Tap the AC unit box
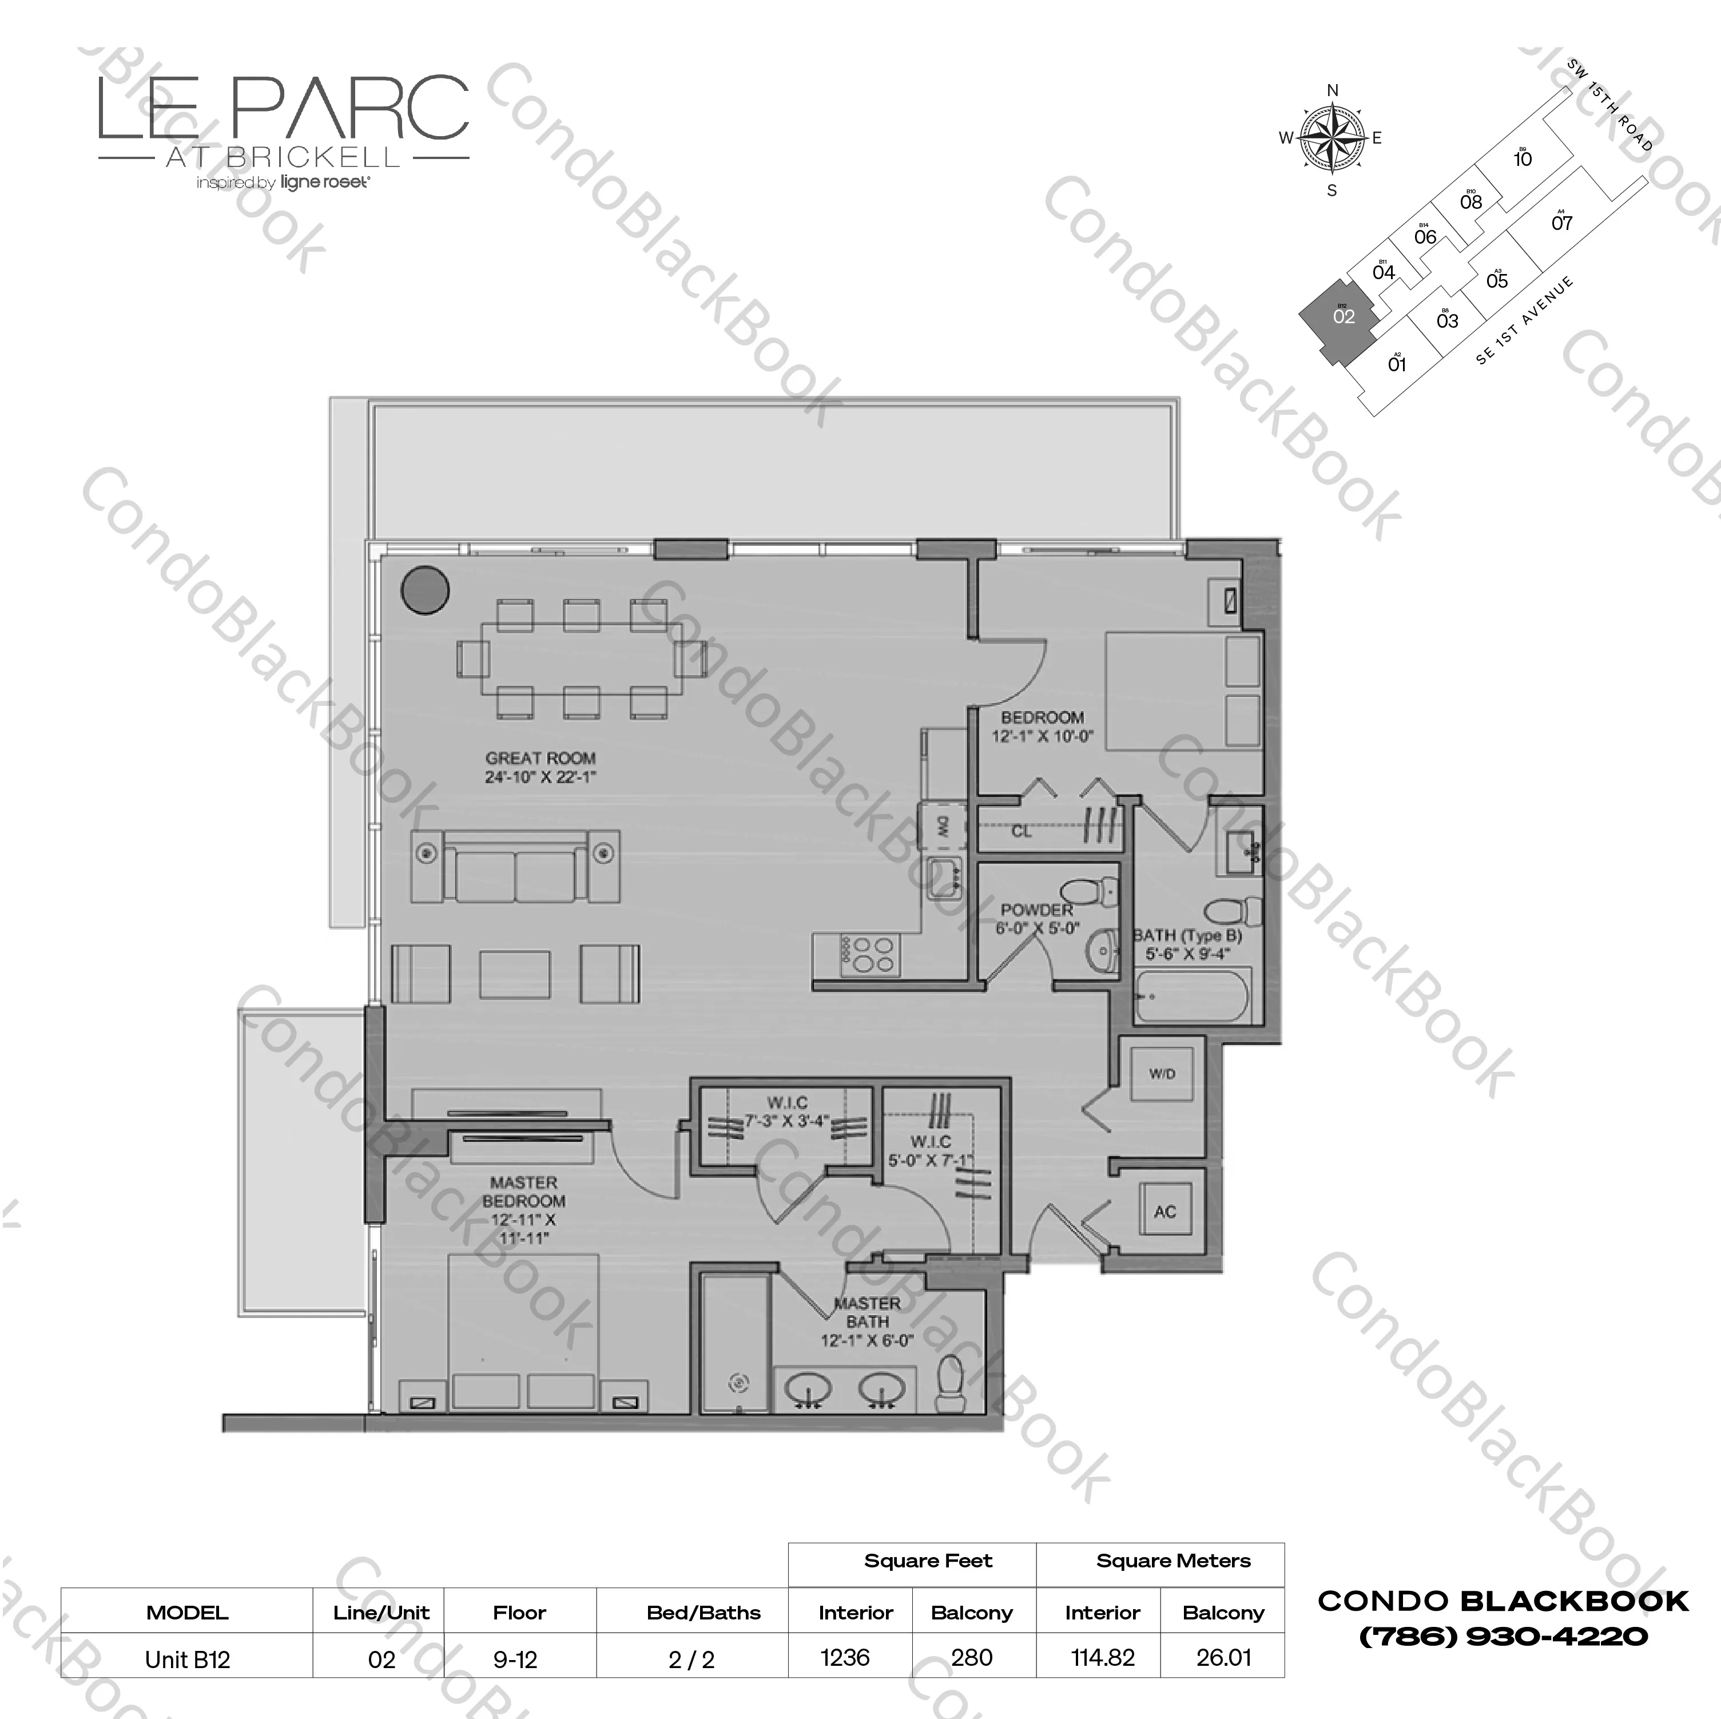1165,1212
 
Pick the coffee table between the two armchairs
515,974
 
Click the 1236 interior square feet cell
844,1658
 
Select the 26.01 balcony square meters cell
1223,1658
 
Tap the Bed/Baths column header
703,1612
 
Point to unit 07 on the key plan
1561,222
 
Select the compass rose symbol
1332,138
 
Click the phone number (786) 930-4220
1503,1636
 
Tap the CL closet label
1021,831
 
